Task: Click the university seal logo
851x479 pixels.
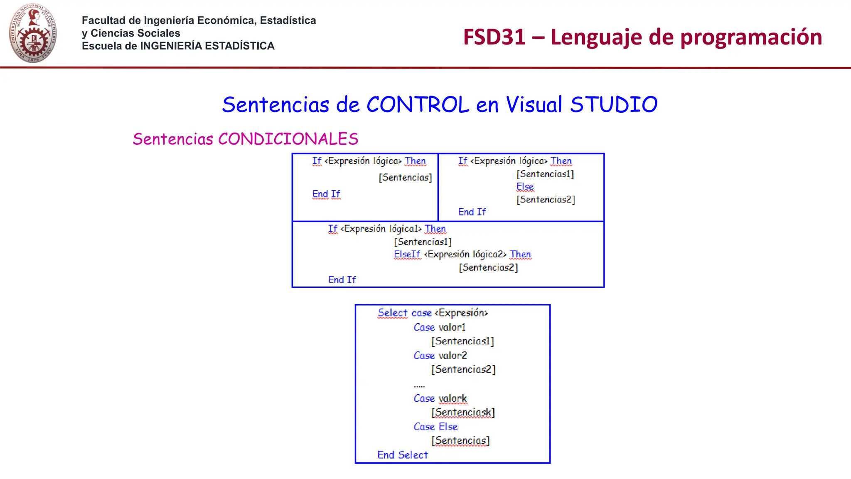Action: click(x=33, y=33)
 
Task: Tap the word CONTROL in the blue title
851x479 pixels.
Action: click(x=418, y=104)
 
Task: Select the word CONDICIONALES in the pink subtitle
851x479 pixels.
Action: click(x=288, y=139)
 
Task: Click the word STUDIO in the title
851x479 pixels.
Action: click(x=614, y=104)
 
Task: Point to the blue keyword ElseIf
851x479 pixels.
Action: click(x=407, y=254)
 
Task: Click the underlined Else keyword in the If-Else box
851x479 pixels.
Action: click(x=525, y=187)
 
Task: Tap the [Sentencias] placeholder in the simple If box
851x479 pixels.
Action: click(x=405, y=178)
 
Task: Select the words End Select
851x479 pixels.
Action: click(x=402, y=455)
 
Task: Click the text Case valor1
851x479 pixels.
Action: click(x=440, y=328)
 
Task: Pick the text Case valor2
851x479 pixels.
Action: click(x=440, y=356)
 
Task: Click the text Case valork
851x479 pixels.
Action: click(x=440, y=399)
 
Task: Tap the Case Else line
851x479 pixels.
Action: click(x=435, y=427)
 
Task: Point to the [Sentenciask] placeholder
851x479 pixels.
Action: click(x=463, y=412)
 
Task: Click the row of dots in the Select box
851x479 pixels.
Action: click(x=419, y=386)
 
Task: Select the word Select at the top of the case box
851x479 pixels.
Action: click(x=393, y=313)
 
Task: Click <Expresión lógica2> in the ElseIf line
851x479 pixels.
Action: click(x=465, y=254)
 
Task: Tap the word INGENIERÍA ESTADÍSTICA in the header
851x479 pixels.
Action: click(x=207, y=46)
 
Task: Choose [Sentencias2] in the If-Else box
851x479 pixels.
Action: click(x=546, y=200)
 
